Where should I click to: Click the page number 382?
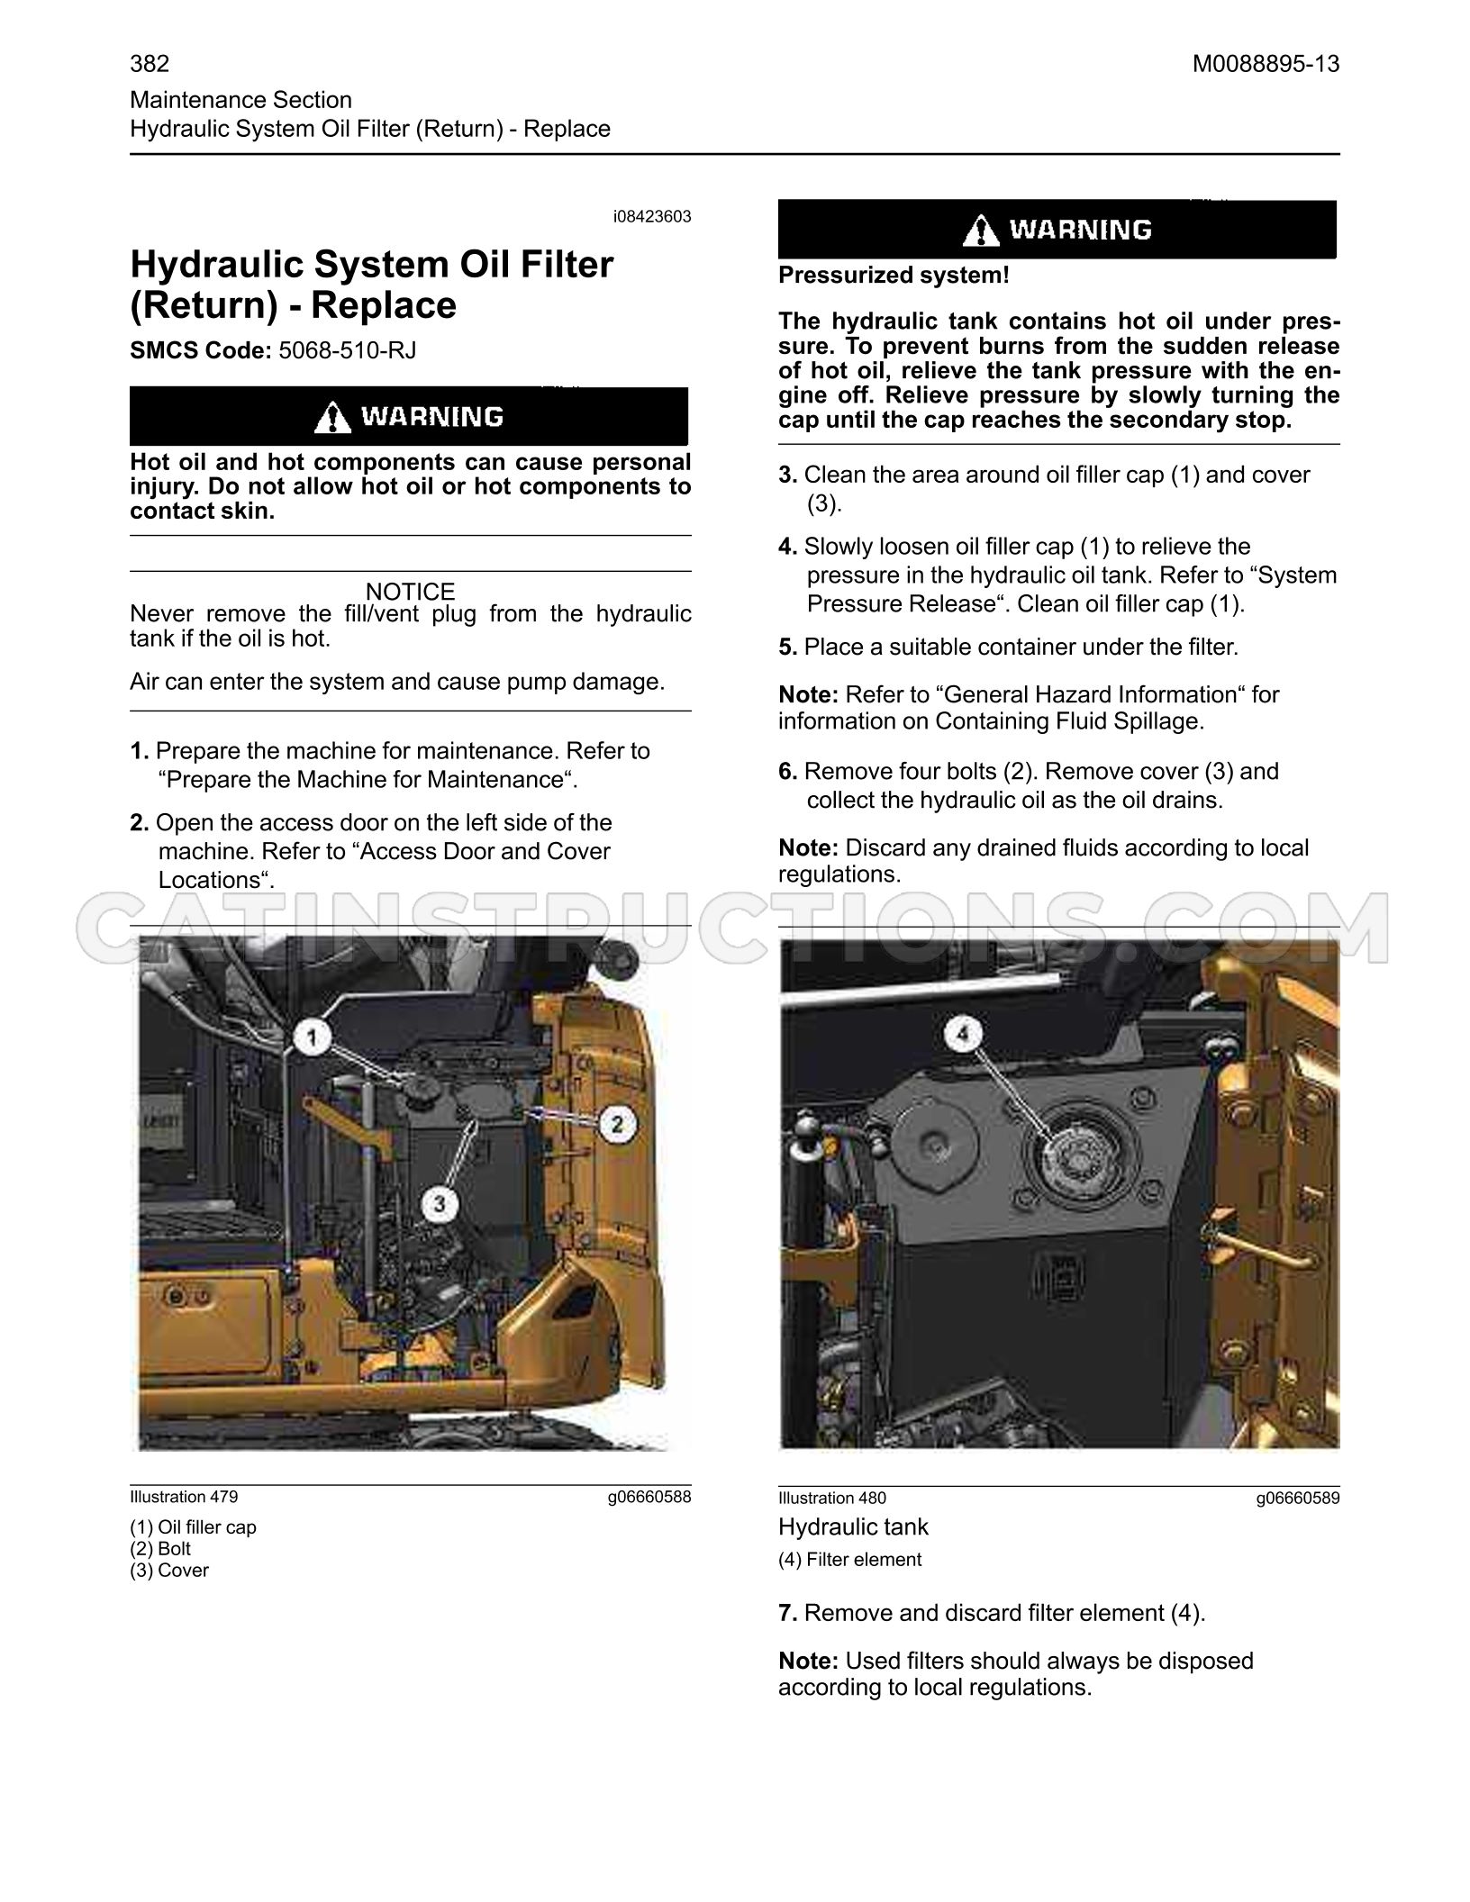pyautogui.click(x=150, y=64)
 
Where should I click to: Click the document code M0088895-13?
pyautogui.click(x=1266, y=64)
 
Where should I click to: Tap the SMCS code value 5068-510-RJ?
pyautogui.click(x=348, y=349)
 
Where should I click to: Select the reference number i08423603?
pyautogui.click(x=652, y=217)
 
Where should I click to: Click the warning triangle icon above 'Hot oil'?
pyautogui.click(x=333, y=417)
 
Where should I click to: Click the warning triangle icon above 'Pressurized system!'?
pyautogui.click(x=981, y=230)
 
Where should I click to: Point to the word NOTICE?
pyautogui.click(x=411, y=592)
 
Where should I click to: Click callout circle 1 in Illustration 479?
pyautogui.click(x=312, y=1039)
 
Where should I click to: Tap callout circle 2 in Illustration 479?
pyautogui.click(x=618, y=1123)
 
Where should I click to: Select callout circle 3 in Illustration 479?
pyautogui.click(x=440, y=1203)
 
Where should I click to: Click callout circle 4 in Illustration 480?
pyautogui.click(x=963, y=1036)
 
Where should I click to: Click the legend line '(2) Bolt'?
pyautogui.click(x=160, y=1549)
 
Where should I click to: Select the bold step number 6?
pyautogui.click(x=788, y=772)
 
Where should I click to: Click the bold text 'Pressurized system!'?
pyautogui.click(x=894, y=276)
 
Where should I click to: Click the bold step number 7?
pyautogui.click(x=788, y=1613)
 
